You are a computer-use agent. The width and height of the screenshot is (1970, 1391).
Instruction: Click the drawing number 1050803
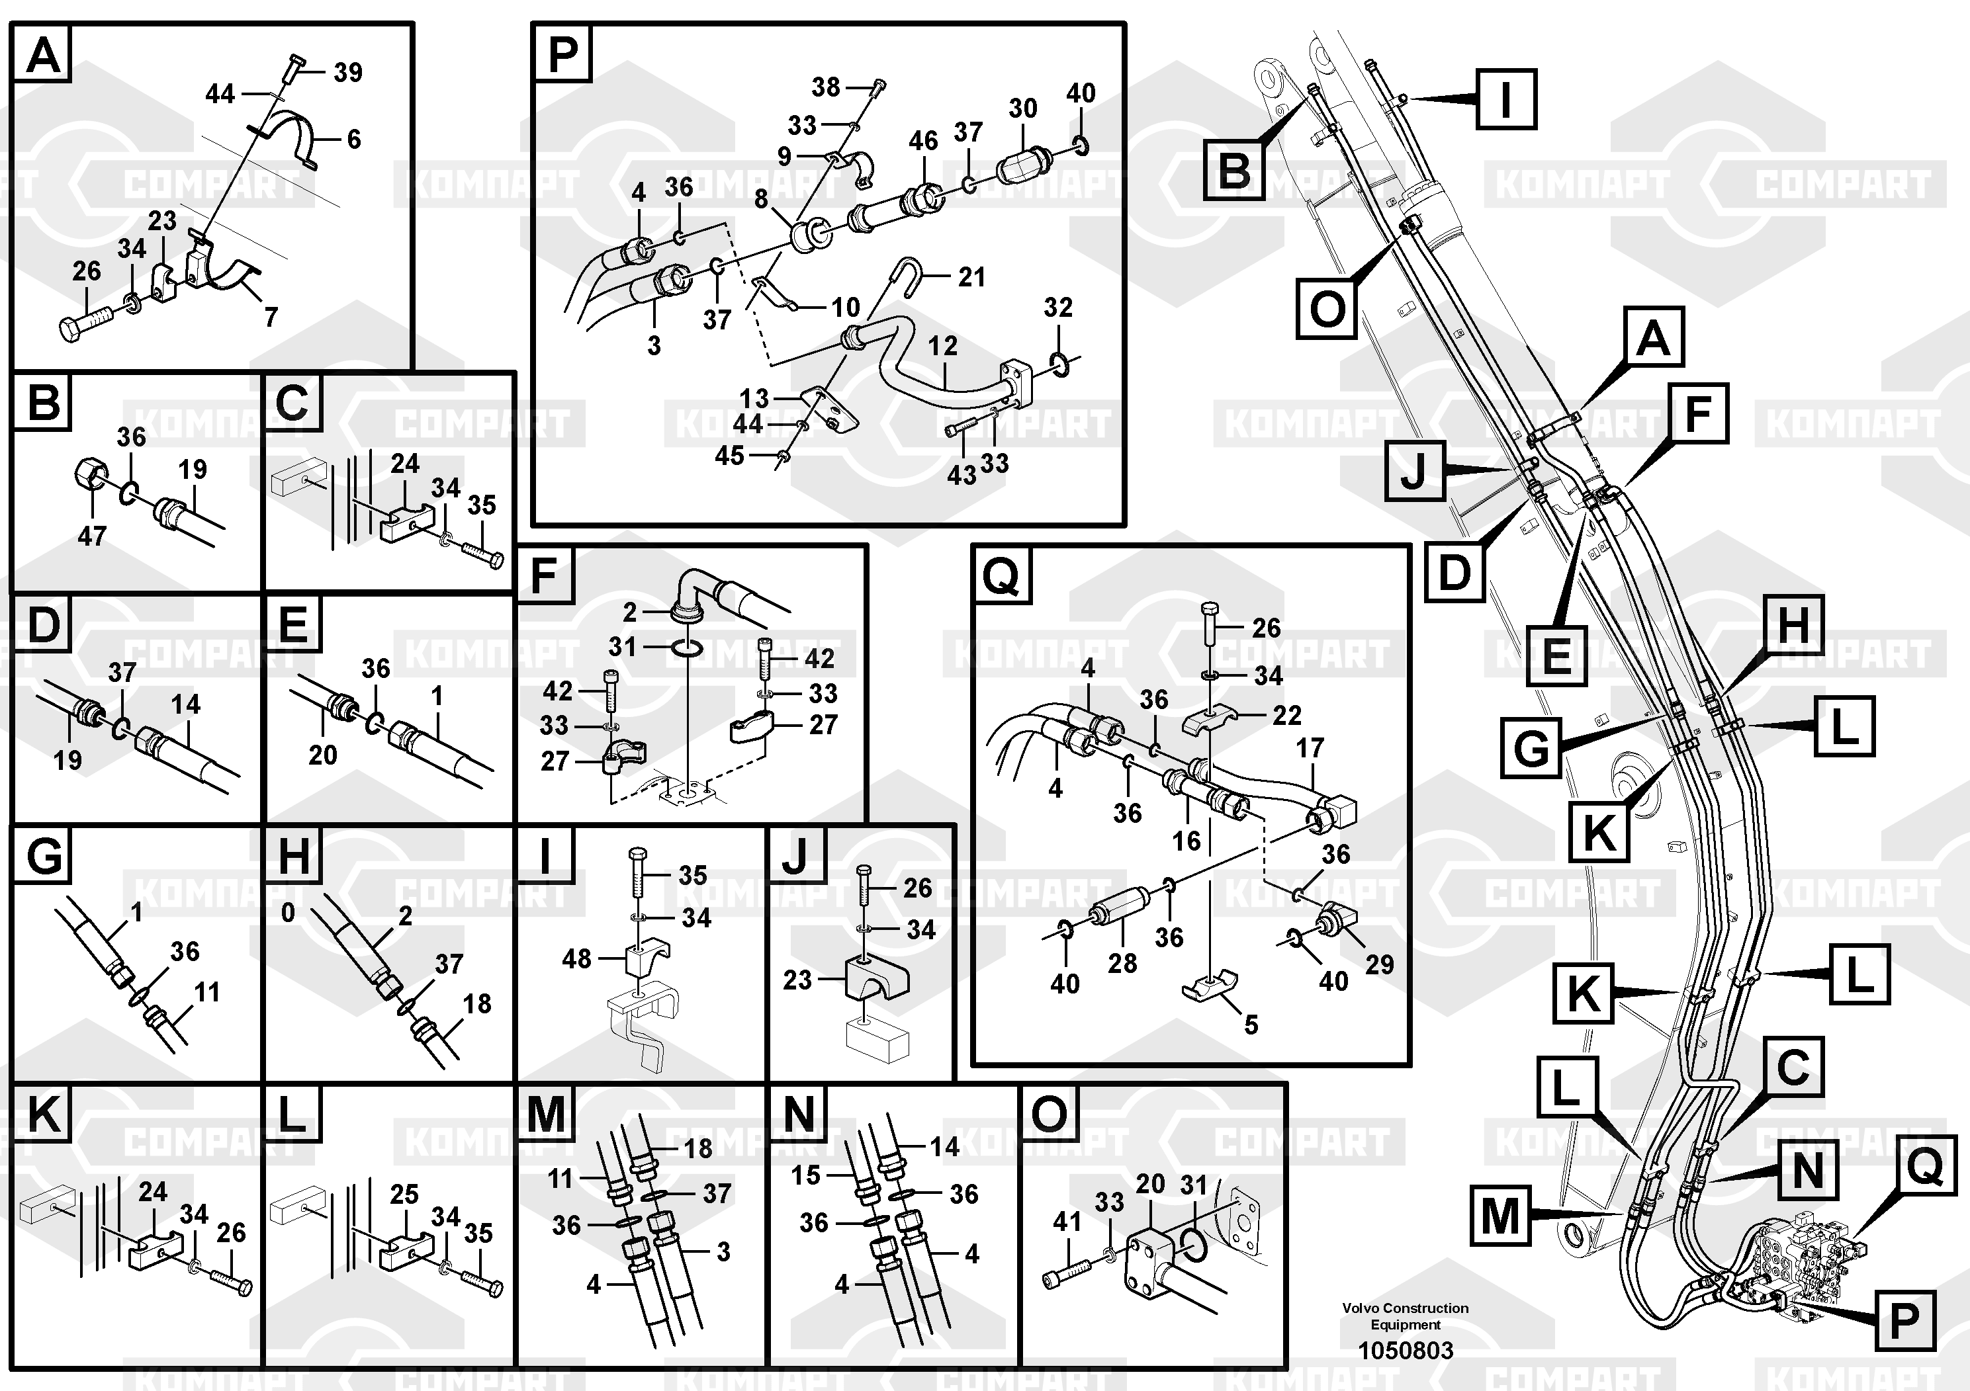1406,1351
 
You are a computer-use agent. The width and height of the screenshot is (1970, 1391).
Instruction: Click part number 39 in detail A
347,73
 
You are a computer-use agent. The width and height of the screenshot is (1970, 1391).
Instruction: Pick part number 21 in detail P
971,277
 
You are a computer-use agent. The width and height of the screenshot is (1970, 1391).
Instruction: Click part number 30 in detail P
1023,109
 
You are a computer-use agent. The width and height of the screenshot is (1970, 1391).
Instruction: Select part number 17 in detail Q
1310,748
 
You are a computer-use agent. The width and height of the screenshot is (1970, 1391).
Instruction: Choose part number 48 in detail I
576,959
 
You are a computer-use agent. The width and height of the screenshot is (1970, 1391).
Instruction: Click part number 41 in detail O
1067,1221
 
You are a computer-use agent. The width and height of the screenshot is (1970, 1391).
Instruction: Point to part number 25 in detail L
404,1194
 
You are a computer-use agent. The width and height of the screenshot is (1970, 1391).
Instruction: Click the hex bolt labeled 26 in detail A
84,326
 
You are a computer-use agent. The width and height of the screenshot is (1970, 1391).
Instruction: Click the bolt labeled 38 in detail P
877,87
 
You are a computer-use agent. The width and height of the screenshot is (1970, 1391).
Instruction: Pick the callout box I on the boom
1506,99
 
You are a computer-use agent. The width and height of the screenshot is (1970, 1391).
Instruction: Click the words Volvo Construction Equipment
1406,1316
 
